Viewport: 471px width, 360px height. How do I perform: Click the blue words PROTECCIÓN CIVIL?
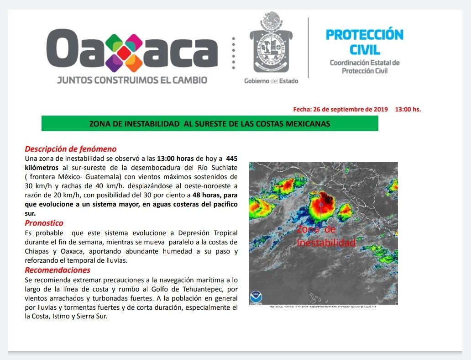[365, 42]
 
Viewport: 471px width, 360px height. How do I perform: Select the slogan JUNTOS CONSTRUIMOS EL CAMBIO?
[132, 80]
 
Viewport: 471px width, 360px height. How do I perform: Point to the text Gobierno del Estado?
[271, 81]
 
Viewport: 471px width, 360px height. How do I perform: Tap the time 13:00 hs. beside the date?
[408, 110]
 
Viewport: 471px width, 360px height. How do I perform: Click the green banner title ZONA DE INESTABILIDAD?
[209, 124]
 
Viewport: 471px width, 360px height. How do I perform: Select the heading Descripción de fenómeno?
[70, 149]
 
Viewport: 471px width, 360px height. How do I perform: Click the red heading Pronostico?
[44, 223]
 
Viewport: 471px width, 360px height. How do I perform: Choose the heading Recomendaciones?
[57, 270]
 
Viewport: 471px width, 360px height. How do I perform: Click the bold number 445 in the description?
[232, 158]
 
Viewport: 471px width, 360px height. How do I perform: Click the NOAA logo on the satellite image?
[256, 297]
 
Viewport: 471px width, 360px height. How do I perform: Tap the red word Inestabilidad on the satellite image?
[326, 243]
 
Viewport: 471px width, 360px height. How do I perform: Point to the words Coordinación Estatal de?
[365, 63]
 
